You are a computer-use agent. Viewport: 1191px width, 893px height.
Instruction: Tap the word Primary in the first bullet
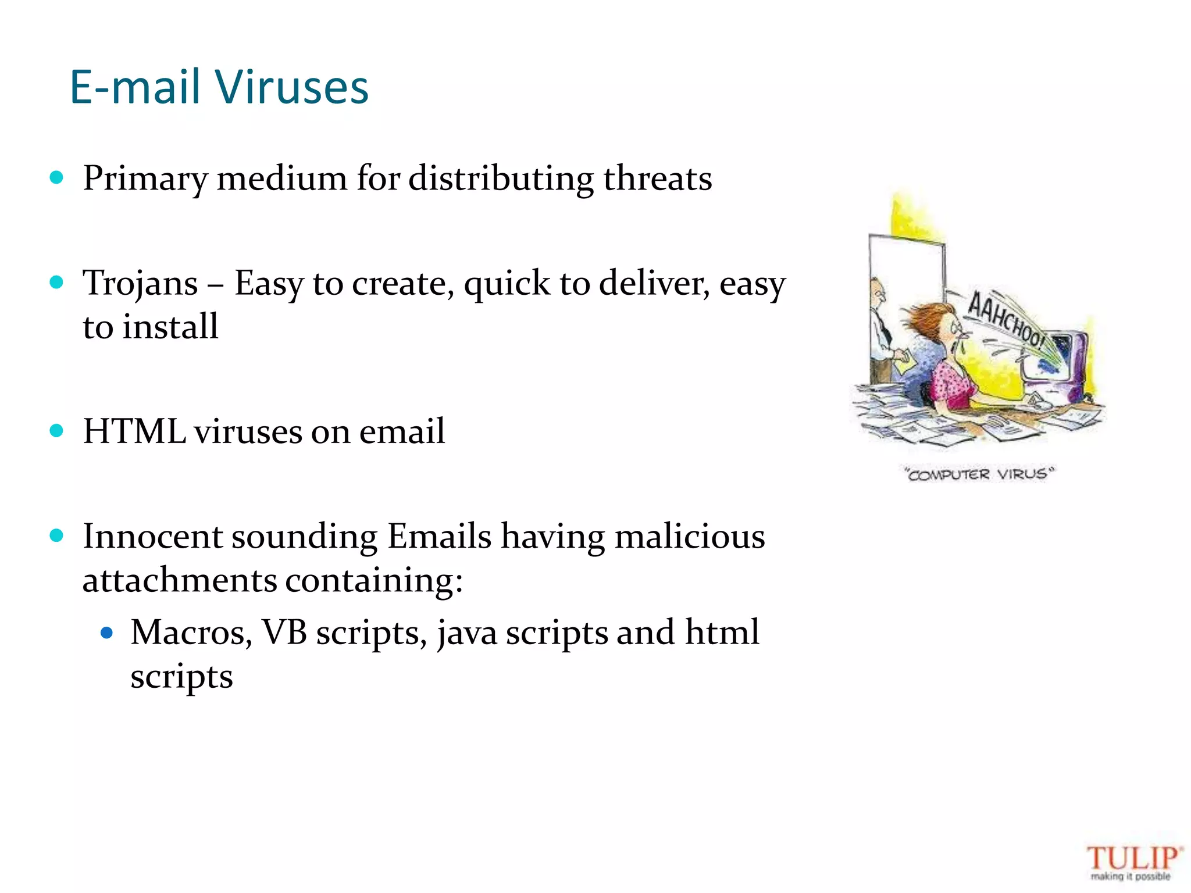pyautogui.click(x=145, y=178)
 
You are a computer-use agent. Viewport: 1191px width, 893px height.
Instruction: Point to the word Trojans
pyautogui.click(x=140, y=284)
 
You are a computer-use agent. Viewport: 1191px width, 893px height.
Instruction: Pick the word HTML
pyautogui.click(x=134, y=431)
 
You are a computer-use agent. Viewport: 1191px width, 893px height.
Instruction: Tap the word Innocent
pyautogui.click(x=152, y=536)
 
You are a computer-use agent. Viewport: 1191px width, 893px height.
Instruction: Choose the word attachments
pyautogui.click(x=180, y=580)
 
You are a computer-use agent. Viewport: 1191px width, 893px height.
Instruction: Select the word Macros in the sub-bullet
pyautogui.click(x=191, y=633)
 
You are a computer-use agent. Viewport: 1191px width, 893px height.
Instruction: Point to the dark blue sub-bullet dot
pyautogui.click(x=106, y=633)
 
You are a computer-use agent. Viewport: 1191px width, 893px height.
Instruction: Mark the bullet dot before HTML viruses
pyautogui.click(x=56, y=431)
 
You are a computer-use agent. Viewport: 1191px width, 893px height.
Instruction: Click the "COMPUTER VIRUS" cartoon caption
pyautogui.click(x=979, y=474)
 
